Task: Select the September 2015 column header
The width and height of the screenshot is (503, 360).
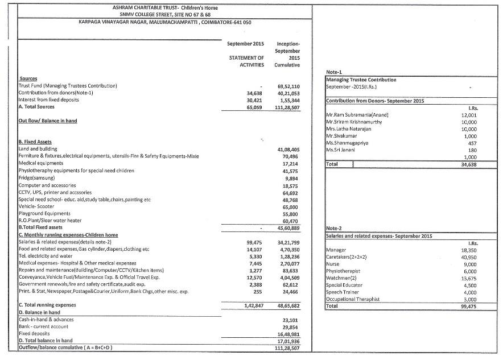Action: coord(245,43)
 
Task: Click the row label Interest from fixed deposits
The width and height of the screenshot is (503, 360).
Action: coord(49,99)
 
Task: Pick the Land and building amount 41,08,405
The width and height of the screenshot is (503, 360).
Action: coord(287,149)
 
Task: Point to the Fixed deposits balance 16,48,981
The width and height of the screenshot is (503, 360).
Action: coord(287,334)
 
